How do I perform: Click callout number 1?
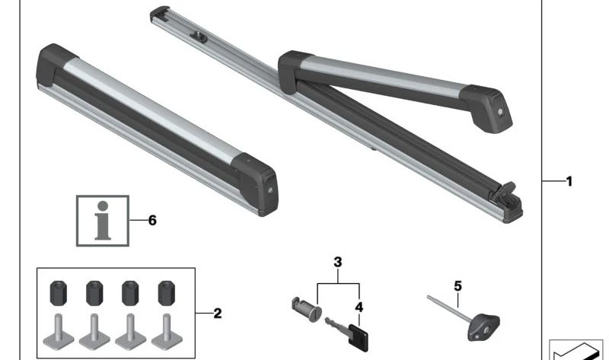tap(569, 181)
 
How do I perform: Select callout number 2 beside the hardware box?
tap(218, 314)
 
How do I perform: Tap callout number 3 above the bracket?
tap(338, 262)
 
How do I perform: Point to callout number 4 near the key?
tap(359, 307)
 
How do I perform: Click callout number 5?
tap(458, 286)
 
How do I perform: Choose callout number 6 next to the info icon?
tap(152, 220)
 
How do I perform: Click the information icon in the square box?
tap(103, 221)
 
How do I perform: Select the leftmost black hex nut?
tap(59, 293)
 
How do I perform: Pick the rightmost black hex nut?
tap(167, 293)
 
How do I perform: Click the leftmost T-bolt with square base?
tap(59, 333)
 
